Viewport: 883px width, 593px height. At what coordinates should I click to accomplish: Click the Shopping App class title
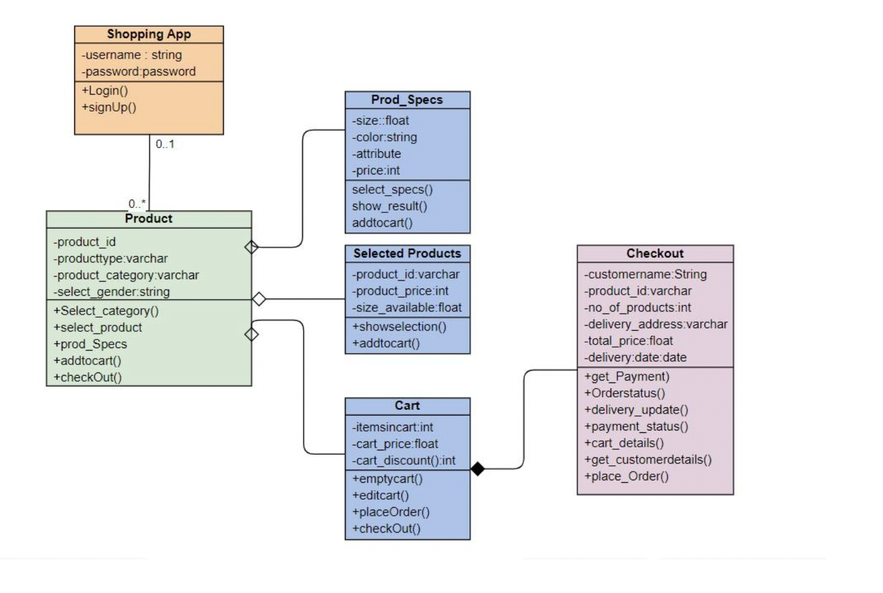pyautogui.click(x=148, y=34)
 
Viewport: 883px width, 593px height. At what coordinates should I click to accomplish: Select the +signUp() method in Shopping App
pyautogui.click(x=109, y=107)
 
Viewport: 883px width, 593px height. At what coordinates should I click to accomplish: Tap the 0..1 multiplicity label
pyautogui.click(x=165, y=144)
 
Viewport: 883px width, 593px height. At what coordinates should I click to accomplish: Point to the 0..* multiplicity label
pyautogui.click(x=137, y=204)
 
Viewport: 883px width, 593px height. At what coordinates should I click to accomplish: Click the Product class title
pyautogui.click(x=148, y=219)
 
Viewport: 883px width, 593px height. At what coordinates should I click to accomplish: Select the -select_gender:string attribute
pyautogui.click(x=112, y=292)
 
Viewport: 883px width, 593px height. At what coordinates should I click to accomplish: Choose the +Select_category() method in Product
pyautogui.click(x=106, y=311)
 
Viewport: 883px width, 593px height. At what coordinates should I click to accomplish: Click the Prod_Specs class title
pyautogui.click(x=407, y=100)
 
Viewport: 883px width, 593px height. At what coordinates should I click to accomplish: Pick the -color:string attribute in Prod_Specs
pyautogui.click(x=384, y=137)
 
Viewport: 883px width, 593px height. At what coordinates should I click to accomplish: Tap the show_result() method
pyautogui.click(x=389, y=206)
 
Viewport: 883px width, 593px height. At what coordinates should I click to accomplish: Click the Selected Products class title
pyautogui.click(x=407, y=254)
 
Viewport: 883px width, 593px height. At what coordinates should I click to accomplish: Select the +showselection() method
pyautogui.click(x=399, y=326)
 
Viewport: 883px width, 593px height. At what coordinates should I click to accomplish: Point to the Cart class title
pyautogui.click(x=407, y=406)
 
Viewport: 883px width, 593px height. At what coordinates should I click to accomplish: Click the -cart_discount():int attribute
pyautogui.click(x=403, y=460)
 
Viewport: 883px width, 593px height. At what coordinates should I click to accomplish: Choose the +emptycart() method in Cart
pyautogui.click(x=387, y=478)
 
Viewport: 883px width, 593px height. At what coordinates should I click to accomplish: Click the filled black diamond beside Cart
pyautogui.click(x=478, y=468)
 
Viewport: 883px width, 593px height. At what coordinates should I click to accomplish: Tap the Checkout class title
pyautogui.click(x=655, y=254)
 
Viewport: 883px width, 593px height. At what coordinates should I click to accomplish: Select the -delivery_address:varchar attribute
pyautogui.click(x=655, y=324)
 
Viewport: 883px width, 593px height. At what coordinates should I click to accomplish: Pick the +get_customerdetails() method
pyautogui.click(x=648, y=460)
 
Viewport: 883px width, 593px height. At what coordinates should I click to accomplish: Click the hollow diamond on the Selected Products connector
pyautogui.click(x=259, y=299)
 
